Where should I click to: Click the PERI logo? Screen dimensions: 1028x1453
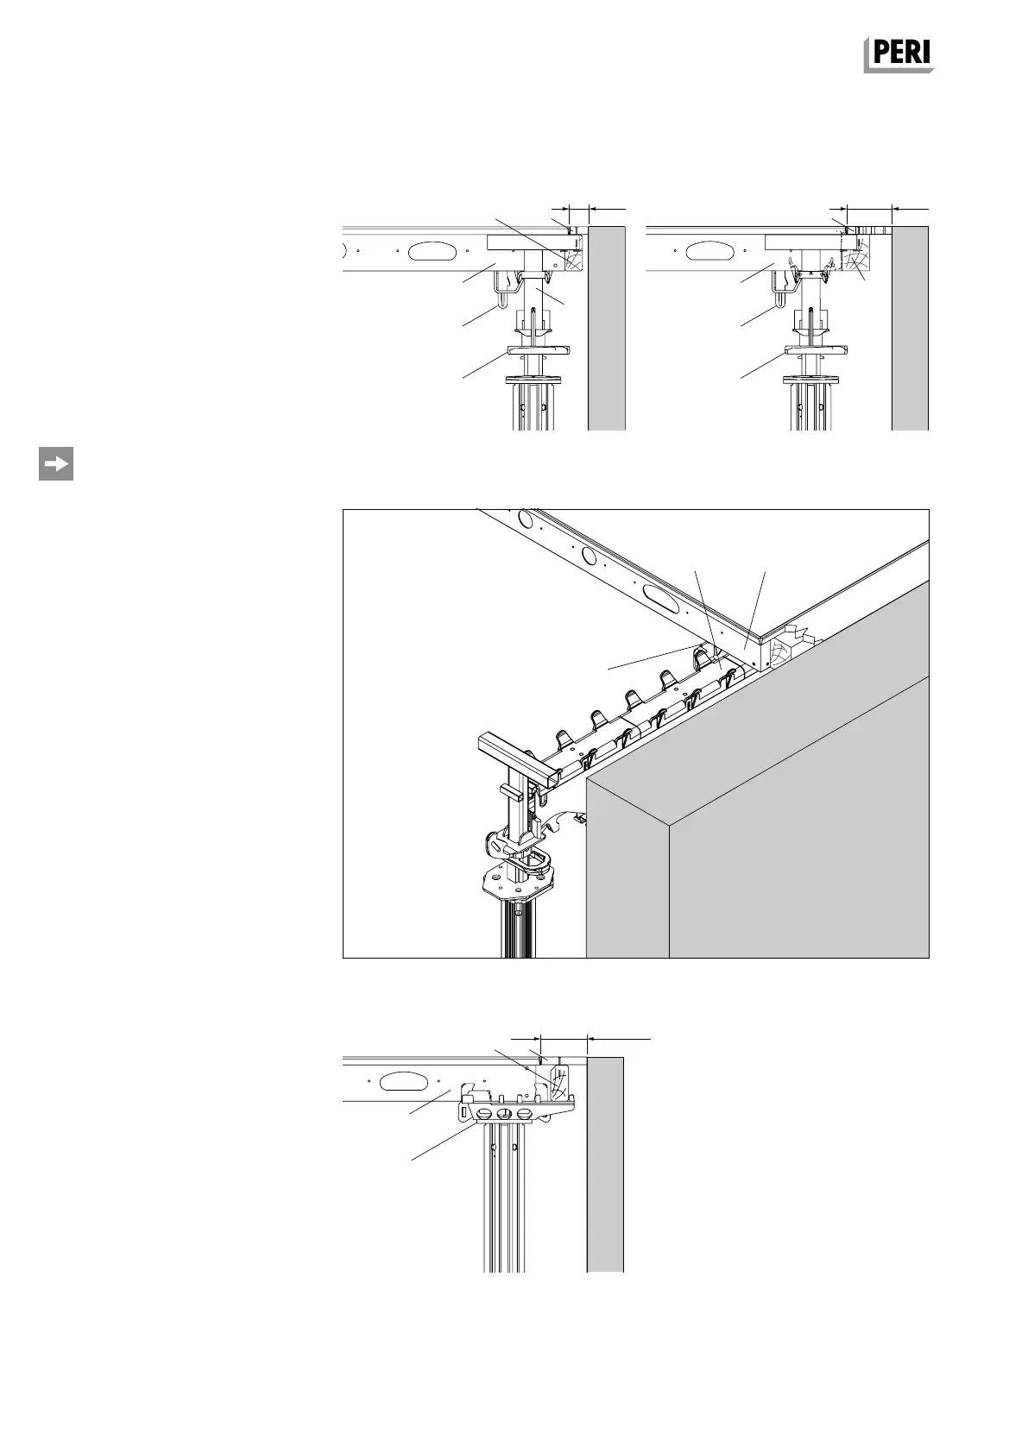899,54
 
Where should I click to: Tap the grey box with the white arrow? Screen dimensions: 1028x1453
56,463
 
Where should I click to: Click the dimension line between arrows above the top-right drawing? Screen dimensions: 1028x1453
869,208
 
